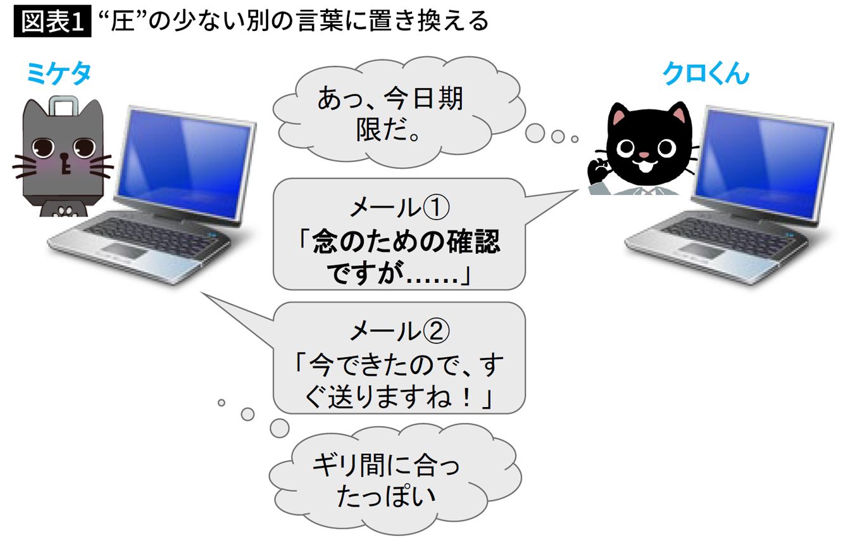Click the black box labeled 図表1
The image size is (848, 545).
pyautogui.click(x=53, y=22)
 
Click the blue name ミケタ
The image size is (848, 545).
pyautogui.click(x=59, y=74)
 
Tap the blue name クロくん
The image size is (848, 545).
pyautogui.click(x=706, y=73)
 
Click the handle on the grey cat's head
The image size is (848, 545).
pyautogui.click(x=63, y=104)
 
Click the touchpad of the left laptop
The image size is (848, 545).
pyautogui.click(x=124, y=251)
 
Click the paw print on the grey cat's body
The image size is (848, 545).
pyautogui.click(x=65, y=211)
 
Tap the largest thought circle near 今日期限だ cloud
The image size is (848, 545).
pyautogui.click(x=535, y=133)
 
